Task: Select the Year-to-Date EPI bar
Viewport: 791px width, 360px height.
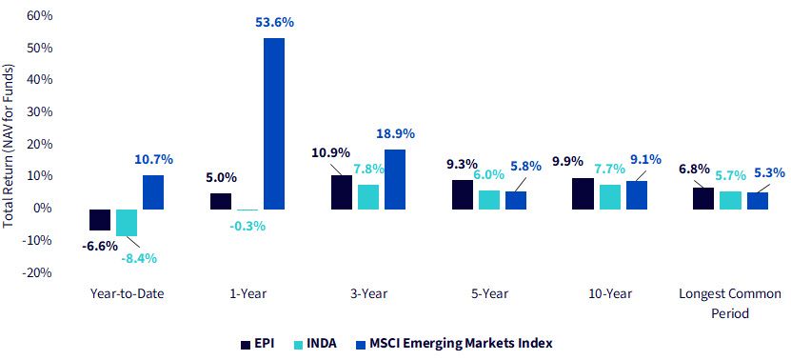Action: pos(100,220)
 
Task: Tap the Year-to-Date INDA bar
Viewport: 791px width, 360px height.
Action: pos(126,223)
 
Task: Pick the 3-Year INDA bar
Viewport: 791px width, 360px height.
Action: pos(367,197)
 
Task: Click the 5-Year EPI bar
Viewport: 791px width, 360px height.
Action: pos(462,195)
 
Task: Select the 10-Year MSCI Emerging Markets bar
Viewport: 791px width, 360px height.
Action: pos(636,195)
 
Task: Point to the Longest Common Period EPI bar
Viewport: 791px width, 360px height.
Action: pos(703,198)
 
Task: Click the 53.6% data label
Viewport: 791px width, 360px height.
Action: pos(275,23)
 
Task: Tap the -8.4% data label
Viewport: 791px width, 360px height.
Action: pos(139,258)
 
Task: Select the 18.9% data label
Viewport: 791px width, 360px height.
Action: pos(395,133)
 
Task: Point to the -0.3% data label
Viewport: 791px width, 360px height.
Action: pos(247,227)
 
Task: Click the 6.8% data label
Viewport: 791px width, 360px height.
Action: pos(695,170)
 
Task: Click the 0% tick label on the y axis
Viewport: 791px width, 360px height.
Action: pos(44,209)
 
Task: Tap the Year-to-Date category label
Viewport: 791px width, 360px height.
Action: pos(127,294)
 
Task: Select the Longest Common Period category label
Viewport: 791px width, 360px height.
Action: pos(730,304)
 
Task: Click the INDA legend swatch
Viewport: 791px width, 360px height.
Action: pos(298,345)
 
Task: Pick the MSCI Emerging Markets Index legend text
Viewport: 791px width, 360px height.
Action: pos(462,344)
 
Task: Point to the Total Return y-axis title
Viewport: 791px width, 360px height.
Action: pos(8,147)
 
